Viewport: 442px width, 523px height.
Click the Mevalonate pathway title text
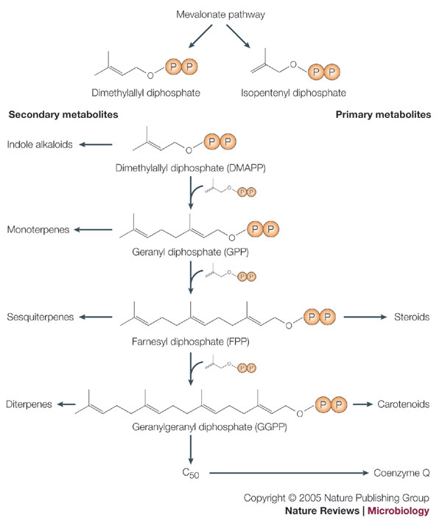click(220, 14)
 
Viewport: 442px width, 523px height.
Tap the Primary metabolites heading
click(383, 115)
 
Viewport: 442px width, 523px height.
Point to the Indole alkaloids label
click(40, 144)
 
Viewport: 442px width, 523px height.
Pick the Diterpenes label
click(29, 404)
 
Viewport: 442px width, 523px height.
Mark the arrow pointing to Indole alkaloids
click(96, 144)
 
